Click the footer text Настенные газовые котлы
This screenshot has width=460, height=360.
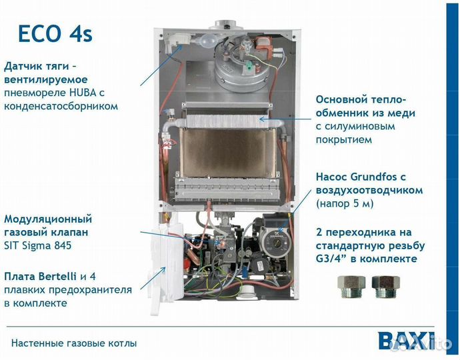(74, 343)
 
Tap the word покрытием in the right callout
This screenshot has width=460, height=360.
(344, 140)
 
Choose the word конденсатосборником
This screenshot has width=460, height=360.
(61, 105)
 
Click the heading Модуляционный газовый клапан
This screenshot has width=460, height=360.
(48, 225)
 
